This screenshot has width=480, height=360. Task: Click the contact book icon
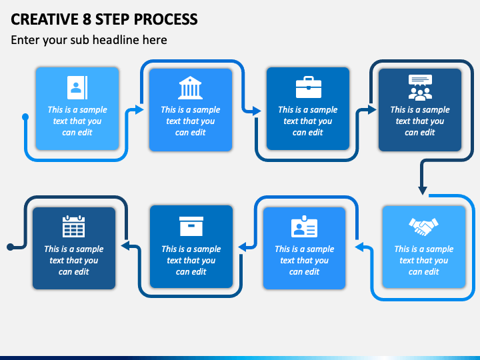coord(77,87)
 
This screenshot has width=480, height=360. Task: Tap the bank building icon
coord(191,87)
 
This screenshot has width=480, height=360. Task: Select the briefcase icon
coord(309,87)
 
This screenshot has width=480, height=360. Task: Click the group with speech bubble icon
coord(420,87)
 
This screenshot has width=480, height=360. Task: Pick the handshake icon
coord(424,227)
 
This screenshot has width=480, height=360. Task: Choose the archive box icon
coord(191,226)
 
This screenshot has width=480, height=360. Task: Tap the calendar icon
coord(74,226)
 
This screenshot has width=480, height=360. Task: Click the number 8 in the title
coord(87,19)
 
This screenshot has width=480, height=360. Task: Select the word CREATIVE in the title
coord(45,19)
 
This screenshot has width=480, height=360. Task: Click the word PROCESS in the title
coord(165,19)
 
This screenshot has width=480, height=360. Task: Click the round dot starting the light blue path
coord(25,117)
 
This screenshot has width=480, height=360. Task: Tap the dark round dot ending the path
coord(11,247)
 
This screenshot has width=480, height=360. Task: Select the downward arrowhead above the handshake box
coord(423,190)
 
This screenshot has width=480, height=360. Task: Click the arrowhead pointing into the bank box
coord(139,109)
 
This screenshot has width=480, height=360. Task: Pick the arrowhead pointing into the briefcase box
coord(257,111)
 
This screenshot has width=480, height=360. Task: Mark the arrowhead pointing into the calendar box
coord(125,245)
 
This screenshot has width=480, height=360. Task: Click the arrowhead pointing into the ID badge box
coord(359,247)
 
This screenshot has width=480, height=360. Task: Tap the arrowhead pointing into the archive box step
coord(243,247)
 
